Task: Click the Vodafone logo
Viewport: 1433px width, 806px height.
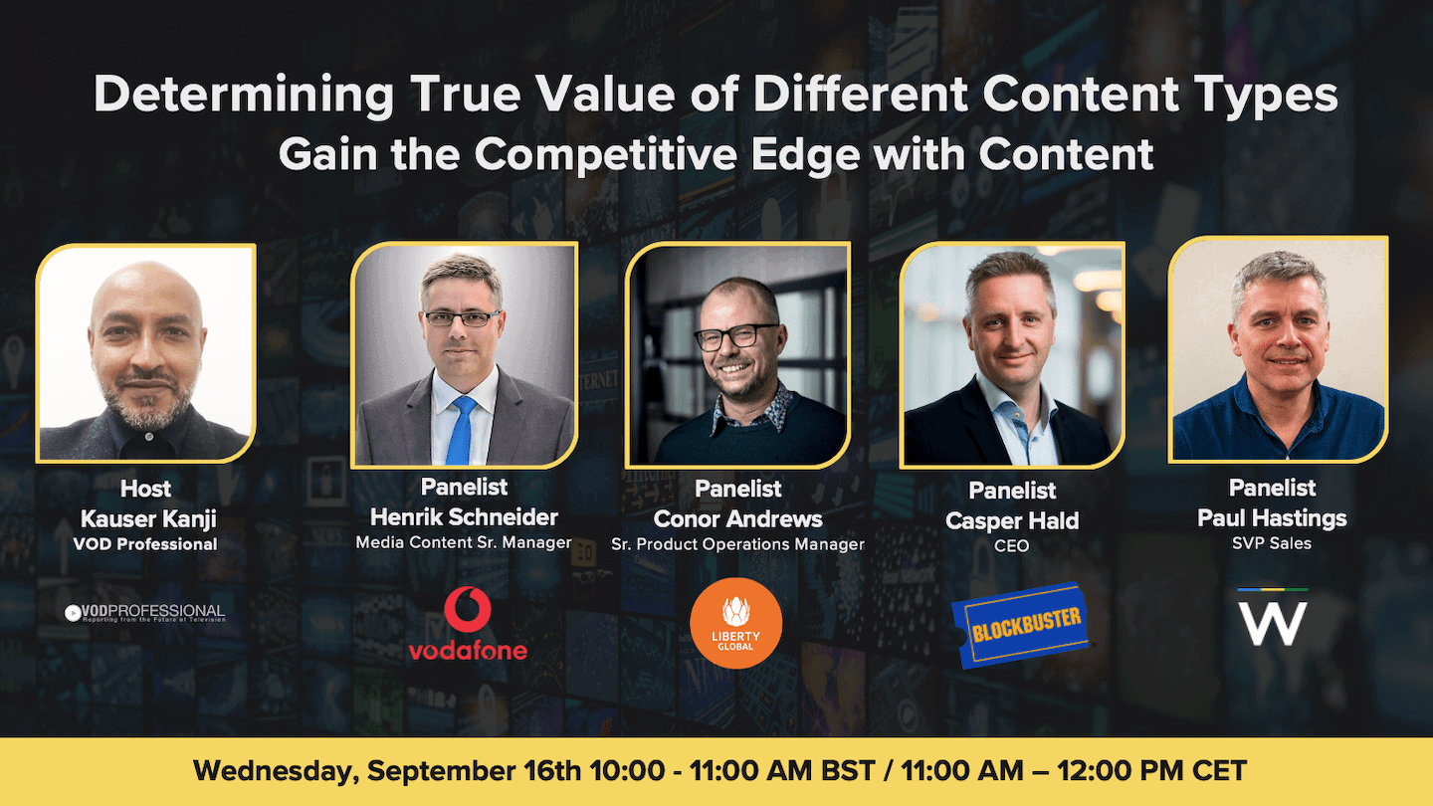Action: pyautogui.click(x=467, y=624)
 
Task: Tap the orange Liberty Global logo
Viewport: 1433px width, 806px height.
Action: pyautogui.click(x=736, y=624)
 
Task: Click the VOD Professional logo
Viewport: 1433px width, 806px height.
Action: pyautogui.click(x=145, y=612)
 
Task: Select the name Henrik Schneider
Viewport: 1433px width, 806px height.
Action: pyautogui.click(x=464, y=517)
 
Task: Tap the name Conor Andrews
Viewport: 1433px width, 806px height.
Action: pyautogui.click(x=737, y=518)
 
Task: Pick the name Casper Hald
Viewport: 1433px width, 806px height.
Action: pyautogui.click(x=1012, y=520)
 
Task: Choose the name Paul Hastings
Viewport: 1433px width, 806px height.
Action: pyautogui.click(x=1272, y=518)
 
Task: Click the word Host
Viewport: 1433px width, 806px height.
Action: pyautogui.click(x=145, y=489)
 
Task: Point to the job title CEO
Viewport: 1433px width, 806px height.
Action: pyautogui.click(x=1012, y=546)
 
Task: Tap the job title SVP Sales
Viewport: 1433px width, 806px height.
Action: pyautogui.click(x=1272, y=543)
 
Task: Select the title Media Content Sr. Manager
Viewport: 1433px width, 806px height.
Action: pyautogui.click(x=464, y=543)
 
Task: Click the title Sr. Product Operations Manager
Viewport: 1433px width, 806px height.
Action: pyautogui.click(x=737, y=544)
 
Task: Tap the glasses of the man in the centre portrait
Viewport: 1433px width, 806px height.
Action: pyautogui.click(x=736, y=337)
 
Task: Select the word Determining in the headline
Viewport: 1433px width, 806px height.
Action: pyautogui.click(x=244, y=96)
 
